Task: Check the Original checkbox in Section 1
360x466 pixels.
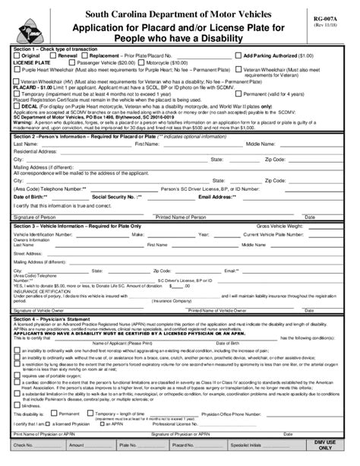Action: click(x=17, y=56)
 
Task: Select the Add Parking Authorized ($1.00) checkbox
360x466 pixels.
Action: click(x=238, y=56)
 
